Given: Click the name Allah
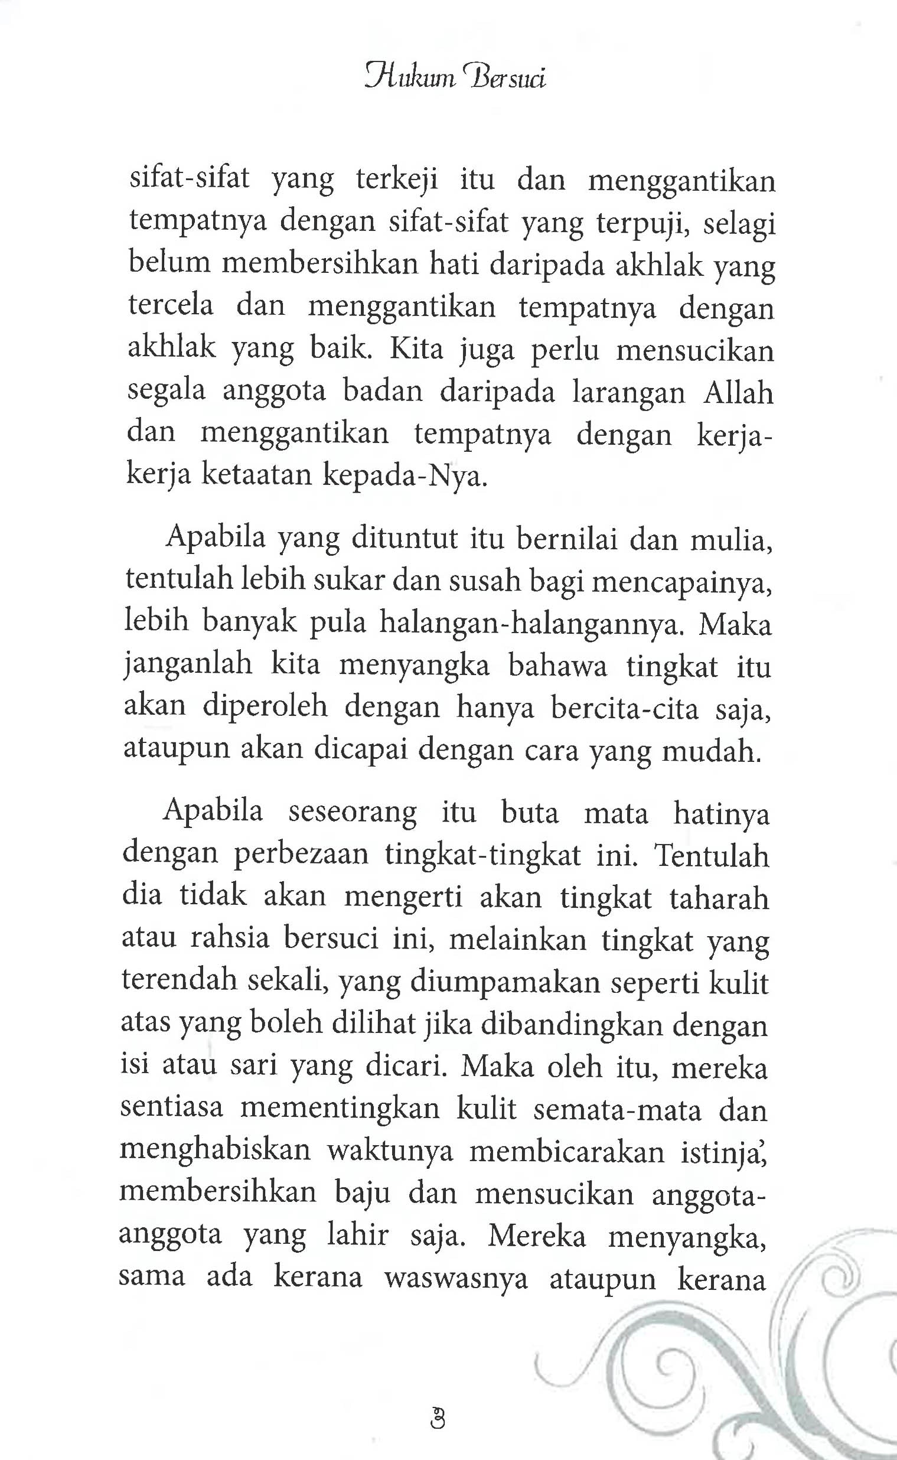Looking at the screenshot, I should [x=738, y=393].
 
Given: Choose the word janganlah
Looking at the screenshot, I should [x=189, y=666].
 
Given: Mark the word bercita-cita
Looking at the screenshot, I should [x=625, y=709].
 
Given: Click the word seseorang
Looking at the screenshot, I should [x=353, y=812].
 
